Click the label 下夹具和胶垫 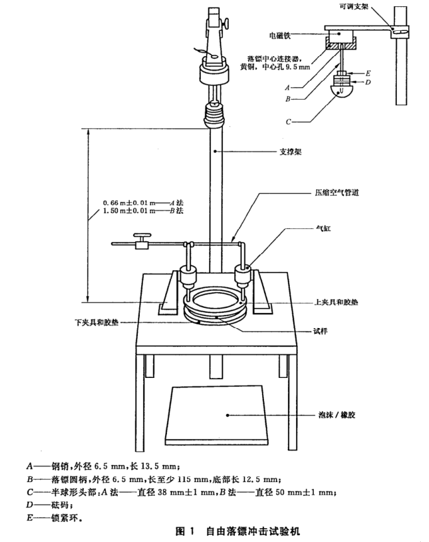(94, 322)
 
